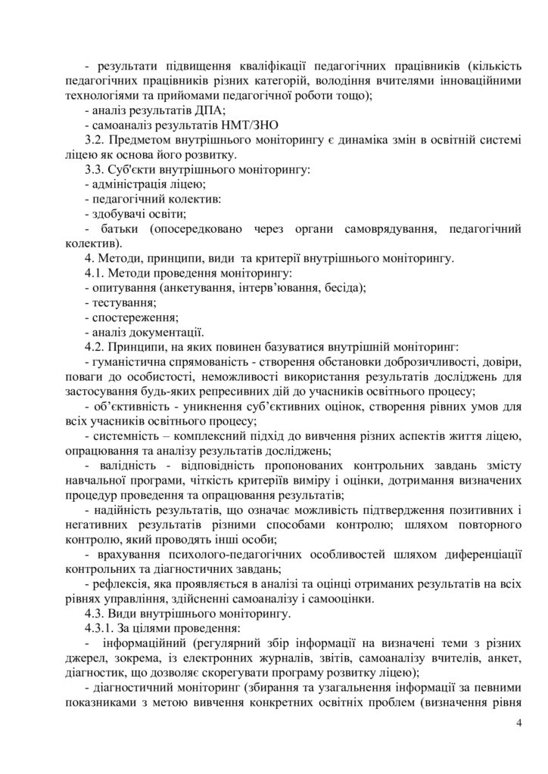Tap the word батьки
(x=118, y=229)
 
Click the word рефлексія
(x=121, y=584)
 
